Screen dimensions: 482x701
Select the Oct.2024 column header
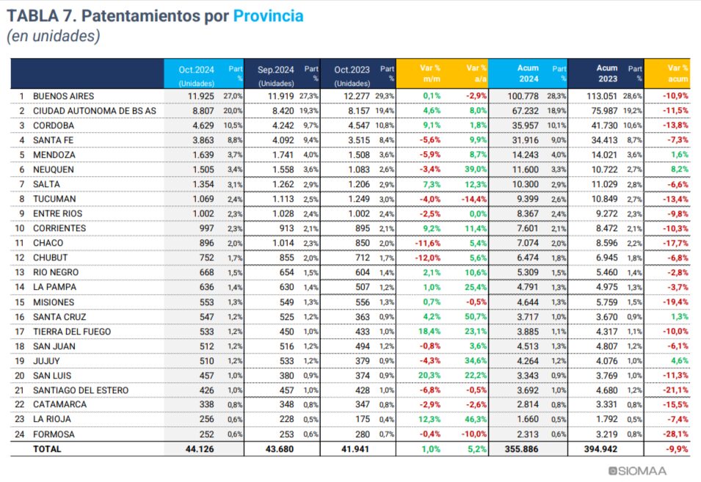pyautogui.click(x=196, y=70)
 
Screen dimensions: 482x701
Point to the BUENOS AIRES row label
pyautogui.click(x=63, y=96)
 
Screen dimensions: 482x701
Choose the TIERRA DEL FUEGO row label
pyautogui.click(x=71, y=331)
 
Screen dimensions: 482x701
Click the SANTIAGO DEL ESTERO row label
pyautogui.click(x=81, y=390)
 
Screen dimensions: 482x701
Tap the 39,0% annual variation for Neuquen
pyautogui.click(x=476, y=169)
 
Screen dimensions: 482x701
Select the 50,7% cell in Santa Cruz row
pyautogui.click(x=476, y=316)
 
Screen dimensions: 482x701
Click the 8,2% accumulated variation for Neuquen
pyautogui.click(x=678, y=169)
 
